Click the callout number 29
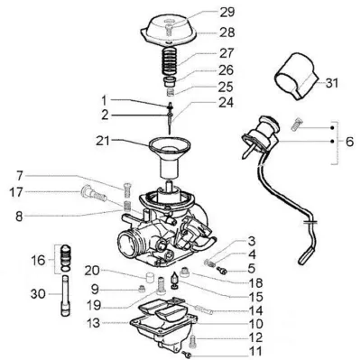point(227,13)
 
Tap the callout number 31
point(332,83)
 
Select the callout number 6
point(349,142)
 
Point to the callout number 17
point(15,192)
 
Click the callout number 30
point(38,294)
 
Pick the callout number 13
point(93,323)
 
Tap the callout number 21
point(104,141)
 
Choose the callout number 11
point(255,351)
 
